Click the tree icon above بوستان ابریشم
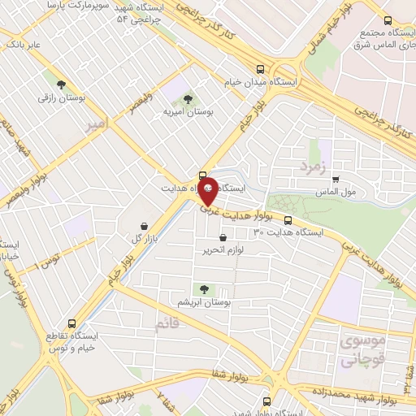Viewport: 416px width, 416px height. pos(204,288)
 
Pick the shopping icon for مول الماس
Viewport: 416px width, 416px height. pos(334,180)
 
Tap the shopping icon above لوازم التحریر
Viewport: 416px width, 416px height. pos(223,237)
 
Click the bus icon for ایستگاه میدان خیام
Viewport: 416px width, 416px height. pos(260,69)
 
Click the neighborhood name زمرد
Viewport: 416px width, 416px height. pos(311,167)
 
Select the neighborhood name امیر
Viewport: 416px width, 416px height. pos(96,125)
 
